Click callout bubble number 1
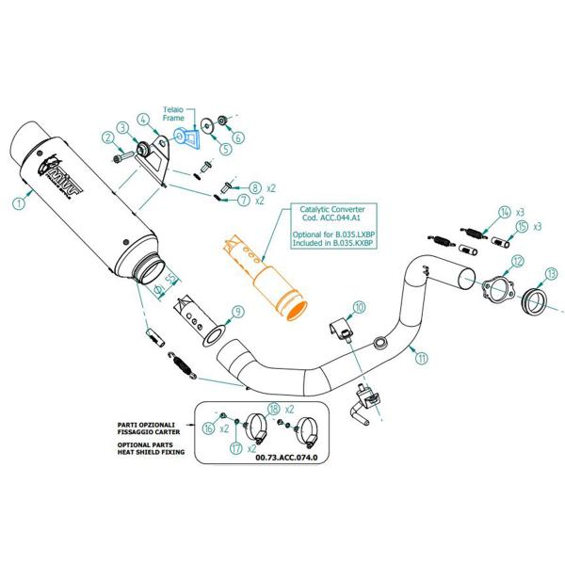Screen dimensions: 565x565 point(19,202)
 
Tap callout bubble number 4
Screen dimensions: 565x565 point(143,120)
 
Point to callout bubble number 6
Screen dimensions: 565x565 point(238,137)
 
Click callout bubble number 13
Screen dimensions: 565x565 point(551,276)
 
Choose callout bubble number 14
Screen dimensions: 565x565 point(505,212)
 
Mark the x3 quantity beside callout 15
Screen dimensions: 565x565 point(539,228)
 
